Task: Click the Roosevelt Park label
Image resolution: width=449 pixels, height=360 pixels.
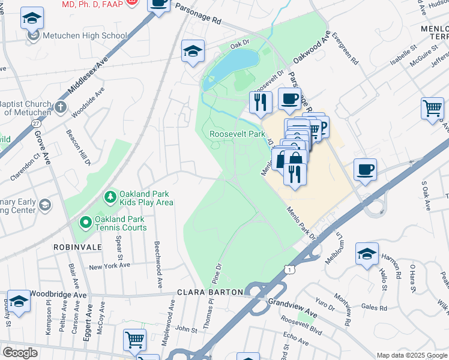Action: click(237, 134)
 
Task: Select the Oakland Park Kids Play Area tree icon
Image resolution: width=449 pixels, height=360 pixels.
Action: click(110, 197)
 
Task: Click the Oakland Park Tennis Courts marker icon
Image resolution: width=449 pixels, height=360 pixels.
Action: click(85, 223)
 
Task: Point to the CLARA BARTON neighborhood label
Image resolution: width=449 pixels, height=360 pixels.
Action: click(210, 292)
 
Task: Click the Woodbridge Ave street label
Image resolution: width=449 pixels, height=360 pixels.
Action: click(58, 295)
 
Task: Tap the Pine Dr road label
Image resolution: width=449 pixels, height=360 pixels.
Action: click(217, 273)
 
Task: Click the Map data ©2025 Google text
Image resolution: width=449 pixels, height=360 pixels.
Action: click(412, 355)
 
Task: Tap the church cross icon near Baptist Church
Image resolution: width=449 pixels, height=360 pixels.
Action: click(59, 107)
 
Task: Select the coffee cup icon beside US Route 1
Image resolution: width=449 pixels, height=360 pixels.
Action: click(365, 169)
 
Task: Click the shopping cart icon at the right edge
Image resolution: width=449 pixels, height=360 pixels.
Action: click(432, 108)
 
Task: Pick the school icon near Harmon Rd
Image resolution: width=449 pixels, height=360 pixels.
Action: click(367, 253)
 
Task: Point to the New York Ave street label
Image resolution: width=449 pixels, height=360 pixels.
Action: click(109, 267)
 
